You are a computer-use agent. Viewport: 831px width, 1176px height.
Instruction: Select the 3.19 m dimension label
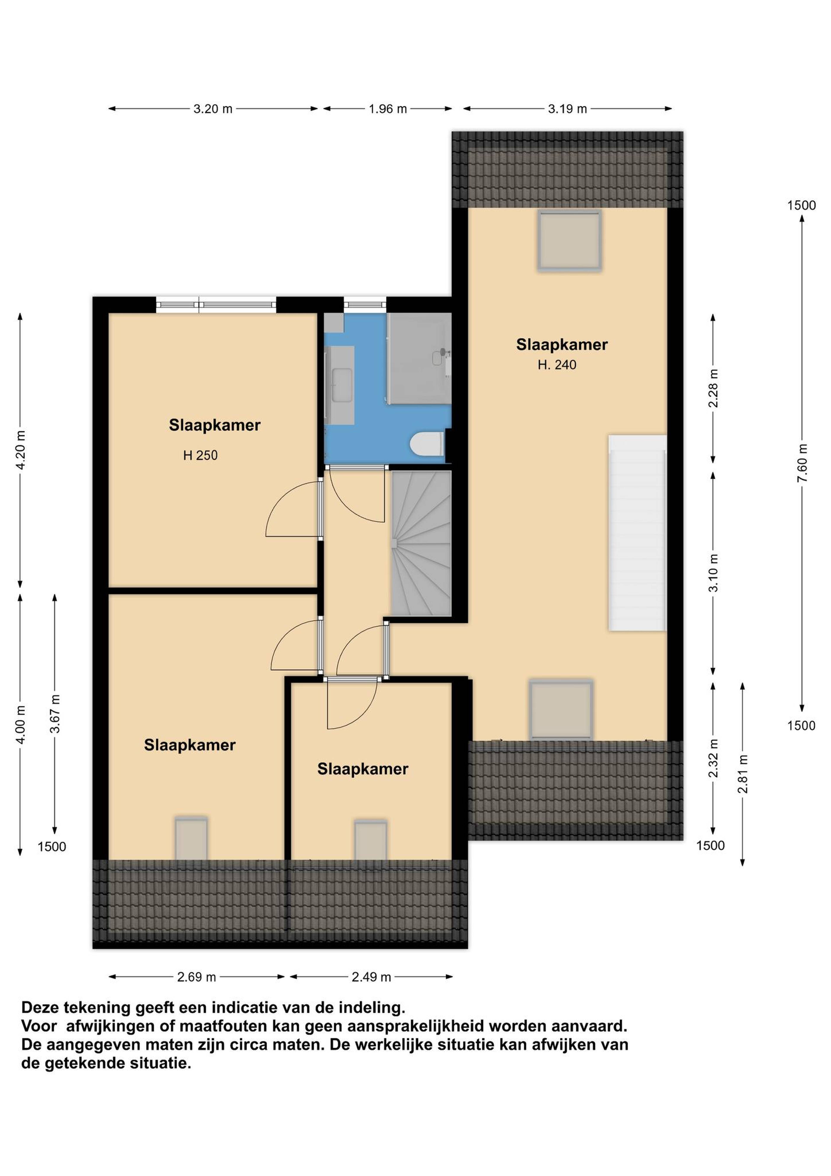point(567,108)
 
